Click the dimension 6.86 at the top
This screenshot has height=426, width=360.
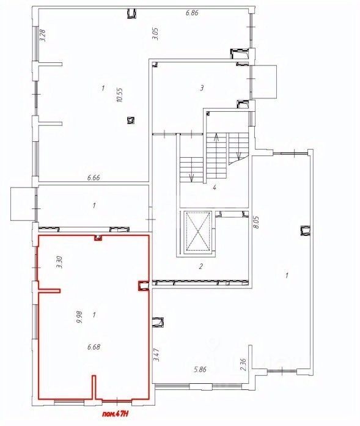(x=192, y=12)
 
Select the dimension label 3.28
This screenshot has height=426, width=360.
(x=43, y=35)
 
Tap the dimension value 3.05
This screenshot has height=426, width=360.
(x=155, y=34)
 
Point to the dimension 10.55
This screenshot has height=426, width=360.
(x=120, y=95)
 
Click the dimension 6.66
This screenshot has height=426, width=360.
(x=94, y=178)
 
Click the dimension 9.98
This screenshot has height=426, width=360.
(x=80, y=317)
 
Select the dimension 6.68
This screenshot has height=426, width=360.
(x=94, y=347)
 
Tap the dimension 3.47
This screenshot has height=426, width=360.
(x=156, y=355)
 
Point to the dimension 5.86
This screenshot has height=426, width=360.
(x=200, y=369)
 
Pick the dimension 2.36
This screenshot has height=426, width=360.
(x=243, y=365)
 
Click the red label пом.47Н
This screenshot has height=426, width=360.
(x=115, y=414)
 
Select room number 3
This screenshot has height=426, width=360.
(x=202, y=88)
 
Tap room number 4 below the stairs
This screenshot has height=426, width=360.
(x=215, y=188)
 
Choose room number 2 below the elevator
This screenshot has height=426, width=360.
(x=201, y=266)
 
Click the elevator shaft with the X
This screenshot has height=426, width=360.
(x=198, y=232)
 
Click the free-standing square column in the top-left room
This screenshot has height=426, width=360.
(x=131, y=120)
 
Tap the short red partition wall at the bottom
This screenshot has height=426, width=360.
(x=94, y=387)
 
